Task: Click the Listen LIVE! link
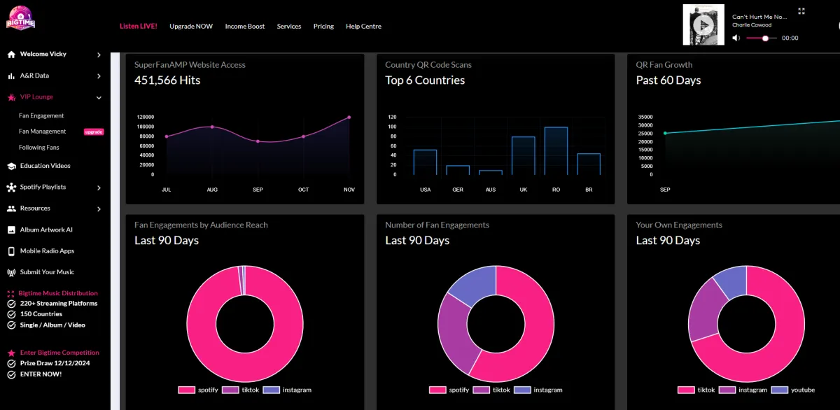139,26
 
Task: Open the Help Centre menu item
363,26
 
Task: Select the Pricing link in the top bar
323,26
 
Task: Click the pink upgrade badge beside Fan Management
94,132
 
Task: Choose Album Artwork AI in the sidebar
46,229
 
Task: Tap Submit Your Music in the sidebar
47,272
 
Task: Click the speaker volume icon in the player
736,38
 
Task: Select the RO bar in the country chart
556,150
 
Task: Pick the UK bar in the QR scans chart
523,155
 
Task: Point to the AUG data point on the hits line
212,127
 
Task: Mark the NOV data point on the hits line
349,117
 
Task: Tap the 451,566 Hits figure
167,80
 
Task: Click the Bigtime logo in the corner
20,19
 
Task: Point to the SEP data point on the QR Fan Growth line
665,133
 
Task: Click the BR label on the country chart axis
589,190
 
